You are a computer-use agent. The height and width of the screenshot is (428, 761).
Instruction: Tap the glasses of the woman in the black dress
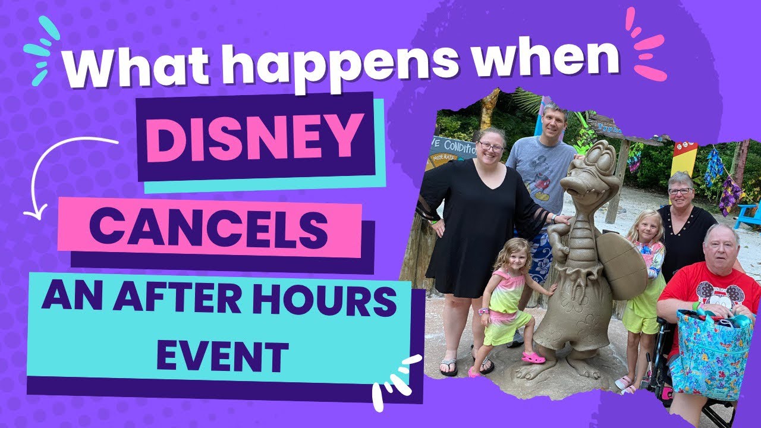[x=492, y=146]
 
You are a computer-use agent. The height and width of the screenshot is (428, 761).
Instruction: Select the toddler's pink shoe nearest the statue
[x=533, y=357]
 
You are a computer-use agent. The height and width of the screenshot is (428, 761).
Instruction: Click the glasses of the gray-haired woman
[x=680, y=191]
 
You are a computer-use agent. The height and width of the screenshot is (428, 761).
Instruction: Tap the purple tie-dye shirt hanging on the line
[x=729, y=196]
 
